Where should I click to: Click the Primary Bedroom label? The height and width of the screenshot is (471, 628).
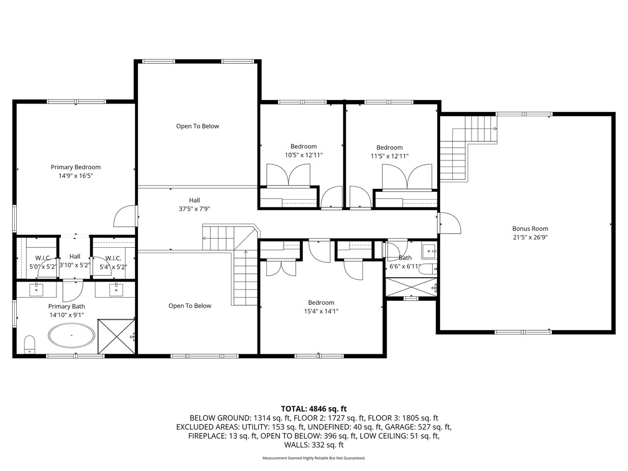(76, 167)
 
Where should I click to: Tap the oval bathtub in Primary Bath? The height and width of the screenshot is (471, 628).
(72, 335)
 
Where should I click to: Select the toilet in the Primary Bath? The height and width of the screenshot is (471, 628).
(29, 345)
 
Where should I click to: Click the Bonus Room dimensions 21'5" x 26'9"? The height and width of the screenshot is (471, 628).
(530, 237)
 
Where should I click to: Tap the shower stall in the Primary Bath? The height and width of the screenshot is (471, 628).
(116, 337)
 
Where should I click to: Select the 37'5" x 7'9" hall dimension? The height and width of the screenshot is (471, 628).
(195, 209)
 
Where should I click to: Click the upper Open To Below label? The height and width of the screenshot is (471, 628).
(197, 126)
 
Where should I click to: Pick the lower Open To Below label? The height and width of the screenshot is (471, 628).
(190, 306)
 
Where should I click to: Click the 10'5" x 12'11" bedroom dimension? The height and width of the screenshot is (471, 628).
(304, 155)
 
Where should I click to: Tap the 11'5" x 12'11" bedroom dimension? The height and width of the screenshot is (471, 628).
(390, 156)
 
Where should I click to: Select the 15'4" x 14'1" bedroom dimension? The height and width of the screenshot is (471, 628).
(321, 311)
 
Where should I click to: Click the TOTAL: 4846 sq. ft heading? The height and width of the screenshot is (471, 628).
(314, 409)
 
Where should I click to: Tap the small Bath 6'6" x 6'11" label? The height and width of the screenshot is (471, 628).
(405, 262)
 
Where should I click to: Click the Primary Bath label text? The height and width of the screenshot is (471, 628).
(67, 306)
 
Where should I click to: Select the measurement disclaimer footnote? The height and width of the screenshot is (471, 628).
(314, 458)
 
